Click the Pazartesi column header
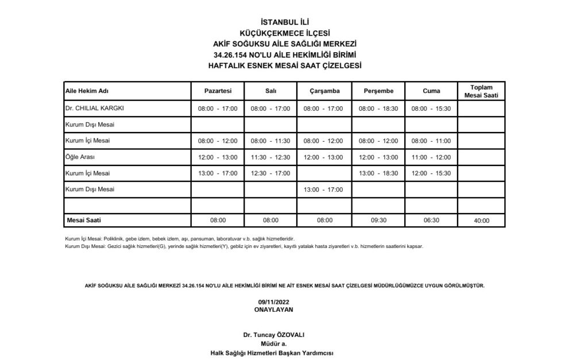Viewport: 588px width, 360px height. pos(218,91)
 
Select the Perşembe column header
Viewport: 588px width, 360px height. pos(378,91)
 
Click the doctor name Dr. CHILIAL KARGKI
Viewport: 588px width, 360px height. pos(95,108)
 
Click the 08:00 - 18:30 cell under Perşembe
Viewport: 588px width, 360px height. pos(378,109)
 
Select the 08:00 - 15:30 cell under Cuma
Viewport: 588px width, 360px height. pos(431,109)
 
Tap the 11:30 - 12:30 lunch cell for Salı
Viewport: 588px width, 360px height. pos(270,157)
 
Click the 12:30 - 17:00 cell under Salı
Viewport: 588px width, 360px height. pos(270,173)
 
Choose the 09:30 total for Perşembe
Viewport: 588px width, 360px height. pos(378,220)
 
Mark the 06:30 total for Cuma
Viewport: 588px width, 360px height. pos(431,220)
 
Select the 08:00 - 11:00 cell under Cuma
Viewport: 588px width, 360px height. pos(431,141)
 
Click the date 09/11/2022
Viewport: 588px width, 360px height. pos(273,302)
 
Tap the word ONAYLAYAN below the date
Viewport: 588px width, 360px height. pos(273,309)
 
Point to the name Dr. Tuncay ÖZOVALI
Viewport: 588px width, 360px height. pos(273,335)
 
